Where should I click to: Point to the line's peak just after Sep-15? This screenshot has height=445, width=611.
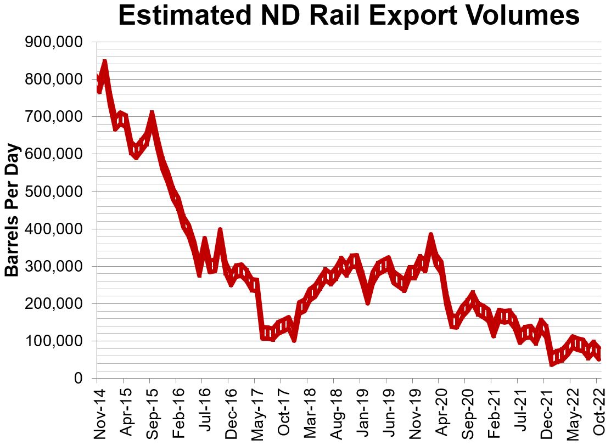[152, 114]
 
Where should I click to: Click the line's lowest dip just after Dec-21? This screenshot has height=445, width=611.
[552, 363]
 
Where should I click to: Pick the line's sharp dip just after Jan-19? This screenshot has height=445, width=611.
[368, 301]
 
